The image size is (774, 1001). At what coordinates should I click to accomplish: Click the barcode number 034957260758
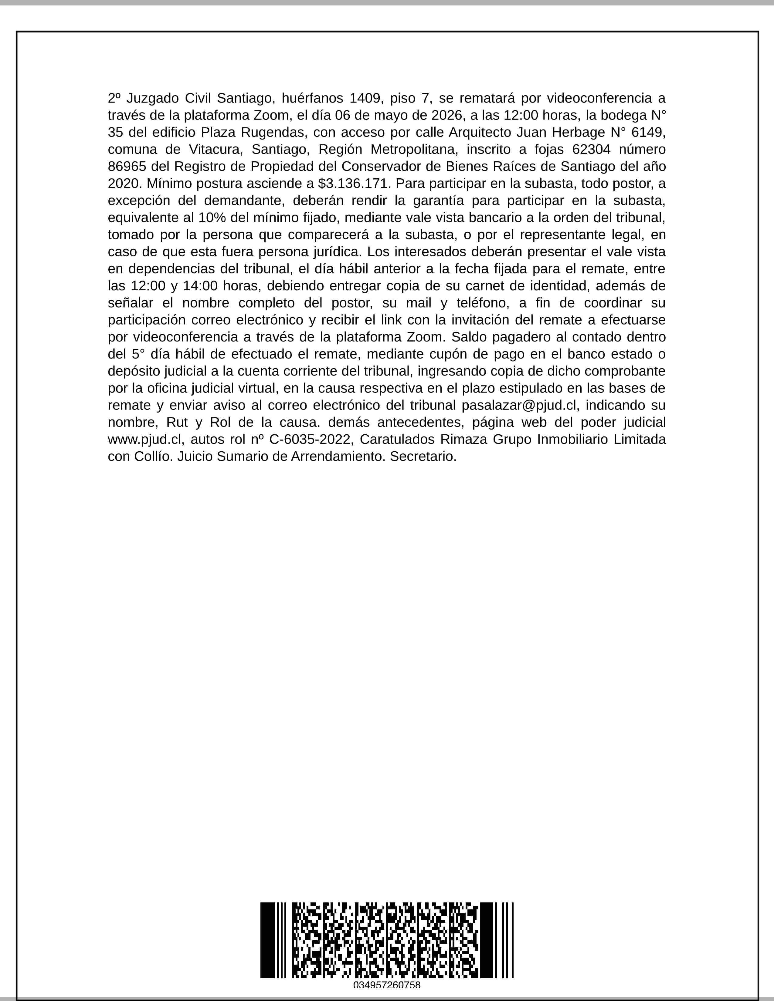click(386, 985)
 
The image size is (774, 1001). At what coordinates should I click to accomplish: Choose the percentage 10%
click(211, 218)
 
